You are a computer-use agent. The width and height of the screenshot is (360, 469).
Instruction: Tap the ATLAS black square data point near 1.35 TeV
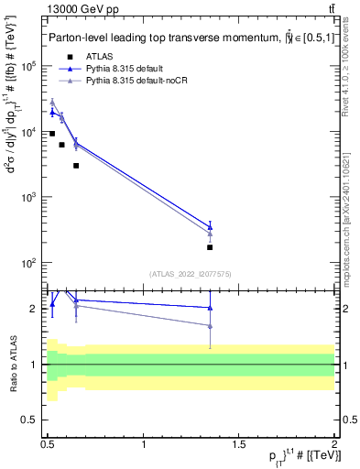tap(210, 247)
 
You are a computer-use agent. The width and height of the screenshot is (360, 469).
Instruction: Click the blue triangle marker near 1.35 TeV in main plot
tap(210, 226)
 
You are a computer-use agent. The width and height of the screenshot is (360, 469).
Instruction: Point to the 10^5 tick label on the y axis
tap(29, 67)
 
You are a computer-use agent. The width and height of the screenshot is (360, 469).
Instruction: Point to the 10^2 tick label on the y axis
tap(29, 263)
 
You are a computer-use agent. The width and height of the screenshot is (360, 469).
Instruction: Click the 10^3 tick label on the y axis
tap(29, 198)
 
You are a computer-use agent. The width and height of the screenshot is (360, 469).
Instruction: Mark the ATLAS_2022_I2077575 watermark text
tap(190, 273)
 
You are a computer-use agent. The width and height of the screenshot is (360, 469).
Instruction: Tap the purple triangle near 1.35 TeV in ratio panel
tap(210, 326)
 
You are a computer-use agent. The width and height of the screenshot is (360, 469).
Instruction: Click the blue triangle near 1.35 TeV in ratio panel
tap(210, 308)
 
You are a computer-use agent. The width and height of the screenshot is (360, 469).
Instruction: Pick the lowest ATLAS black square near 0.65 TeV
tap(76, 166)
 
